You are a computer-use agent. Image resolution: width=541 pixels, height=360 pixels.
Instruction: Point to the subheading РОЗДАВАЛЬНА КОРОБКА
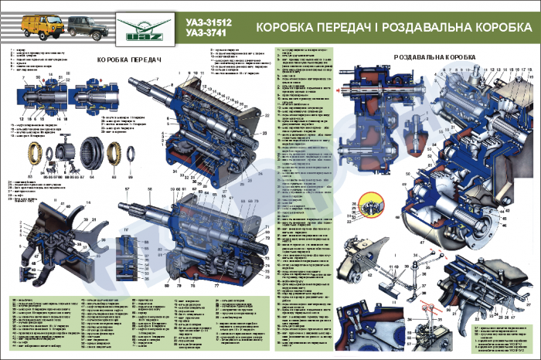tap(434, 58)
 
